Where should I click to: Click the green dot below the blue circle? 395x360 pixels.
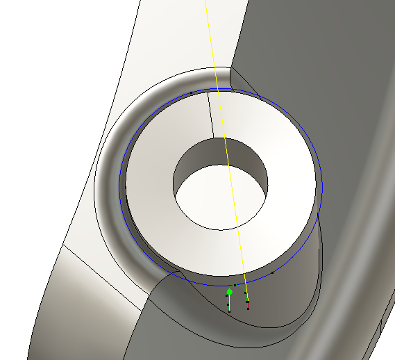(x=230, y=291)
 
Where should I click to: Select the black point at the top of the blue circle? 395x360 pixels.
(x=191, y=92)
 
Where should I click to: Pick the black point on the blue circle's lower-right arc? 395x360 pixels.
(x=273, y=272)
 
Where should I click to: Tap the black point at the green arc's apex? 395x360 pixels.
(x=235, y=285)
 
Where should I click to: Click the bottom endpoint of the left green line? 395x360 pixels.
(x=229, y=311)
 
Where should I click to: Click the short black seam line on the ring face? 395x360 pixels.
(x=210, y=115)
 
